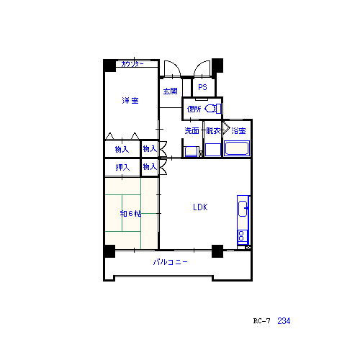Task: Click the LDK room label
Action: pyautogui.click(x=200, y=207)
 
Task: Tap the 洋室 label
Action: pyautogui.click(x=130, y=100)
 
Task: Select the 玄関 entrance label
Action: pyautogui.click(x=170, y=91)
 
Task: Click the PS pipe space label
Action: pyautogui.click(x=202, y=87)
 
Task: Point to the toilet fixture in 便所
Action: pyautogui.click(x=213, y=109)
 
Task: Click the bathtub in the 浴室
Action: pyautogui.click(x=237, y=148)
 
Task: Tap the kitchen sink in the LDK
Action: pyautogui.click(x=243, y=209)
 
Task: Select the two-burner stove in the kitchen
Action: pyautogui.click(x=242, y=235)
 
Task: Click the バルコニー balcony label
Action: pyautogui.click(x=170, y=262)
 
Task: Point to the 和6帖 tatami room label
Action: pyautogui.click(x=130, y=213)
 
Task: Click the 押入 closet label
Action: pyautogui.click(x=122, y=167)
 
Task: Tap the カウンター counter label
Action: pyautogui.click(x=132, y=64)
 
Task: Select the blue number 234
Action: pyautogui.click(x=284, y=321)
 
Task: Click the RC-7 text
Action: pyautogui.click(x=261, y=321)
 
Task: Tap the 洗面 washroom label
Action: pyautogui.click(x=192, y=131)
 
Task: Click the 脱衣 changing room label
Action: pyautogui.click(x=213, y=131)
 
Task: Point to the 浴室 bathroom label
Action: pyautogui.click(x=238, y=131)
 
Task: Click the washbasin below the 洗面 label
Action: pyautogui.click(x=191, y=151)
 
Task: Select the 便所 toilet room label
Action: pyautogui.click(x=194, y=109)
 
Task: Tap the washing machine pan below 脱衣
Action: pyautogui.click(x=213, y=150)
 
